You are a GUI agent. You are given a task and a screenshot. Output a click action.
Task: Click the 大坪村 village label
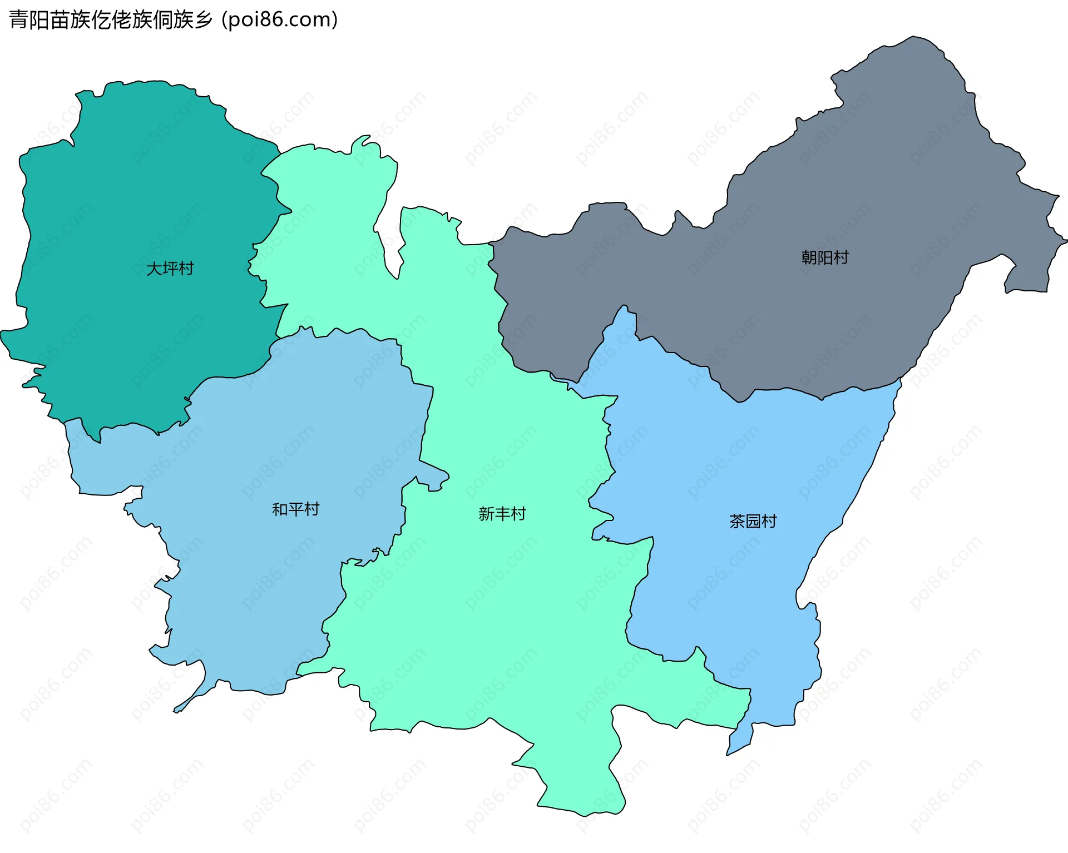(170, 269)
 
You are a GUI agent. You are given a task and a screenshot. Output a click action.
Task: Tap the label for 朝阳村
(824, 257)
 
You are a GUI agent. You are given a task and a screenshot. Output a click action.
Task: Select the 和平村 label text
(295, 509)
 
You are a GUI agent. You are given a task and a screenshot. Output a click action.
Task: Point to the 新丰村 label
(502, 514)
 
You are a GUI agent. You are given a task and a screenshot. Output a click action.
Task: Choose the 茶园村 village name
(753, 521)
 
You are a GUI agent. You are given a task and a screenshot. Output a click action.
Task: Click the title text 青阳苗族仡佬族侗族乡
(111, 20)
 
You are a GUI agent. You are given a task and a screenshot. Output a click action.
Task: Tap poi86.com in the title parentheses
(279, 20)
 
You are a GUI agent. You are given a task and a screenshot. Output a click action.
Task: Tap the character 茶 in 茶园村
(737, 521)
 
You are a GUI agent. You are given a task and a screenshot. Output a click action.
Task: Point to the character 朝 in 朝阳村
(809, 257)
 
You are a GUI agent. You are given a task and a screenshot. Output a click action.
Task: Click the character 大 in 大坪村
(154, 269)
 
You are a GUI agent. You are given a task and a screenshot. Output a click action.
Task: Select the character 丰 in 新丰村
(502, 514)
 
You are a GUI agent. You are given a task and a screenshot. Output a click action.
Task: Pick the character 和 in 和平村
(280, 509)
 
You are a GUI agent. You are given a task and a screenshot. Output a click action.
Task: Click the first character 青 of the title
(18, 20)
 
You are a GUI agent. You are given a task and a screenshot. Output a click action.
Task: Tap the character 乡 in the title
(204, 20)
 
